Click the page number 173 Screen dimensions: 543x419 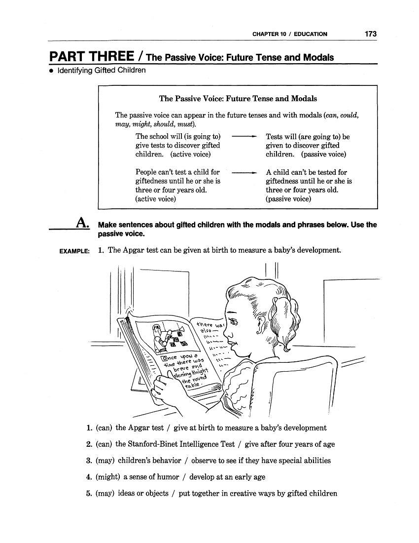371,34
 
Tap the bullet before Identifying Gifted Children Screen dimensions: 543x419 51,71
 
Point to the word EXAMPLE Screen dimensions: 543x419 74,251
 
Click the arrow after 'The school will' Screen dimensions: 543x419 244,137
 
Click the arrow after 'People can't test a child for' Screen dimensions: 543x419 244,173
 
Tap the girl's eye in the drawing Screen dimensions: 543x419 233,322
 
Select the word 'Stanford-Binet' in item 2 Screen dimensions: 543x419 141,444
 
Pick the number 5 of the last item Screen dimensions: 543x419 89,493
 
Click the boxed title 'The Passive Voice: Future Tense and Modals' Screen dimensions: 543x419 238,99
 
